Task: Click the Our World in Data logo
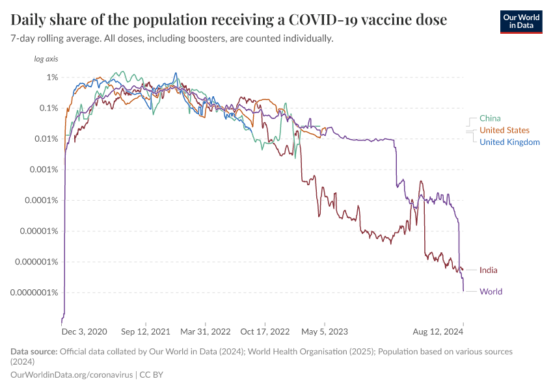coord(520,21)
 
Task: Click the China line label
coord(490,118)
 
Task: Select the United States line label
coord(504,130)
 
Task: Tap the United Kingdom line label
coord(509,142)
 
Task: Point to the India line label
coord(489,270)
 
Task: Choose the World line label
coord(491,291)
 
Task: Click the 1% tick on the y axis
coord(52,77)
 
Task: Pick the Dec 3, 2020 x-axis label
coord(84,331)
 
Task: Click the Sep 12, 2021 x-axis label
coord(146,331)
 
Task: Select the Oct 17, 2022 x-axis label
coord(265,331)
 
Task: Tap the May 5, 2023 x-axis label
coord(325,331)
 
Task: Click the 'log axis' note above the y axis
coord(46,59)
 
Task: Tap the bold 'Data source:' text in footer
coord(34,352)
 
